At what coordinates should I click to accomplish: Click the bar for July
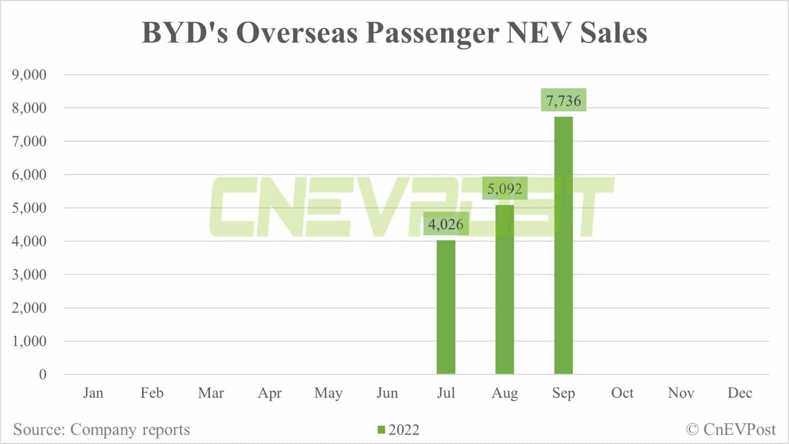point(446,307)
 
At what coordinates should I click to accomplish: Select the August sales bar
point(504,290)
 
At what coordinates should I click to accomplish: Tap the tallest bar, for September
point(563,245)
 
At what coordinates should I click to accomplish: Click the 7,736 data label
point(563,100)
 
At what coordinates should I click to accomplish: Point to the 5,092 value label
point(504,189)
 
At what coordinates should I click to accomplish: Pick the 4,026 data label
point(446,224)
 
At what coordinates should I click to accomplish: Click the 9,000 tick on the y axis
point(29,75)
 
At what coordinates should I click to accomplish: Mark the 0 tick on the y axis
point(43,375)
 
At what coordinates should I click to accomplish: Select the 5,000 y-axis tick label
point(29,208)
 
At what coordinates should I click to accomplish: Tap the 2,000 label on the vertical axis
point(29,308)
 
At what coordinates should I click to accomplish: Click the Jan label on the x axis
point(93,393)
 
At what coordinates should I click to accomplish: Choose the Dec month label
point(740,393)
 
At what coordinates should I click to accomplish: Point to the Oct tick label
point(622,393)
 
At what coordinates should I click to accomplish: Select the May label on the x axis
point(328,394)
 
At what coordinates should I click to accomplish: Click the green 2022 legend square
point(381,430)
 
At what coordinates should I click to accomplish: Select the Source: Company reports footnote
point(102,430)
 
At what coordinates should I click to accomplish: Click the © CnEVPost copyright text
point(731,430)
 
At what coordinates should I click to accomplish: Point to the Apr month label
point(270,394)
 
